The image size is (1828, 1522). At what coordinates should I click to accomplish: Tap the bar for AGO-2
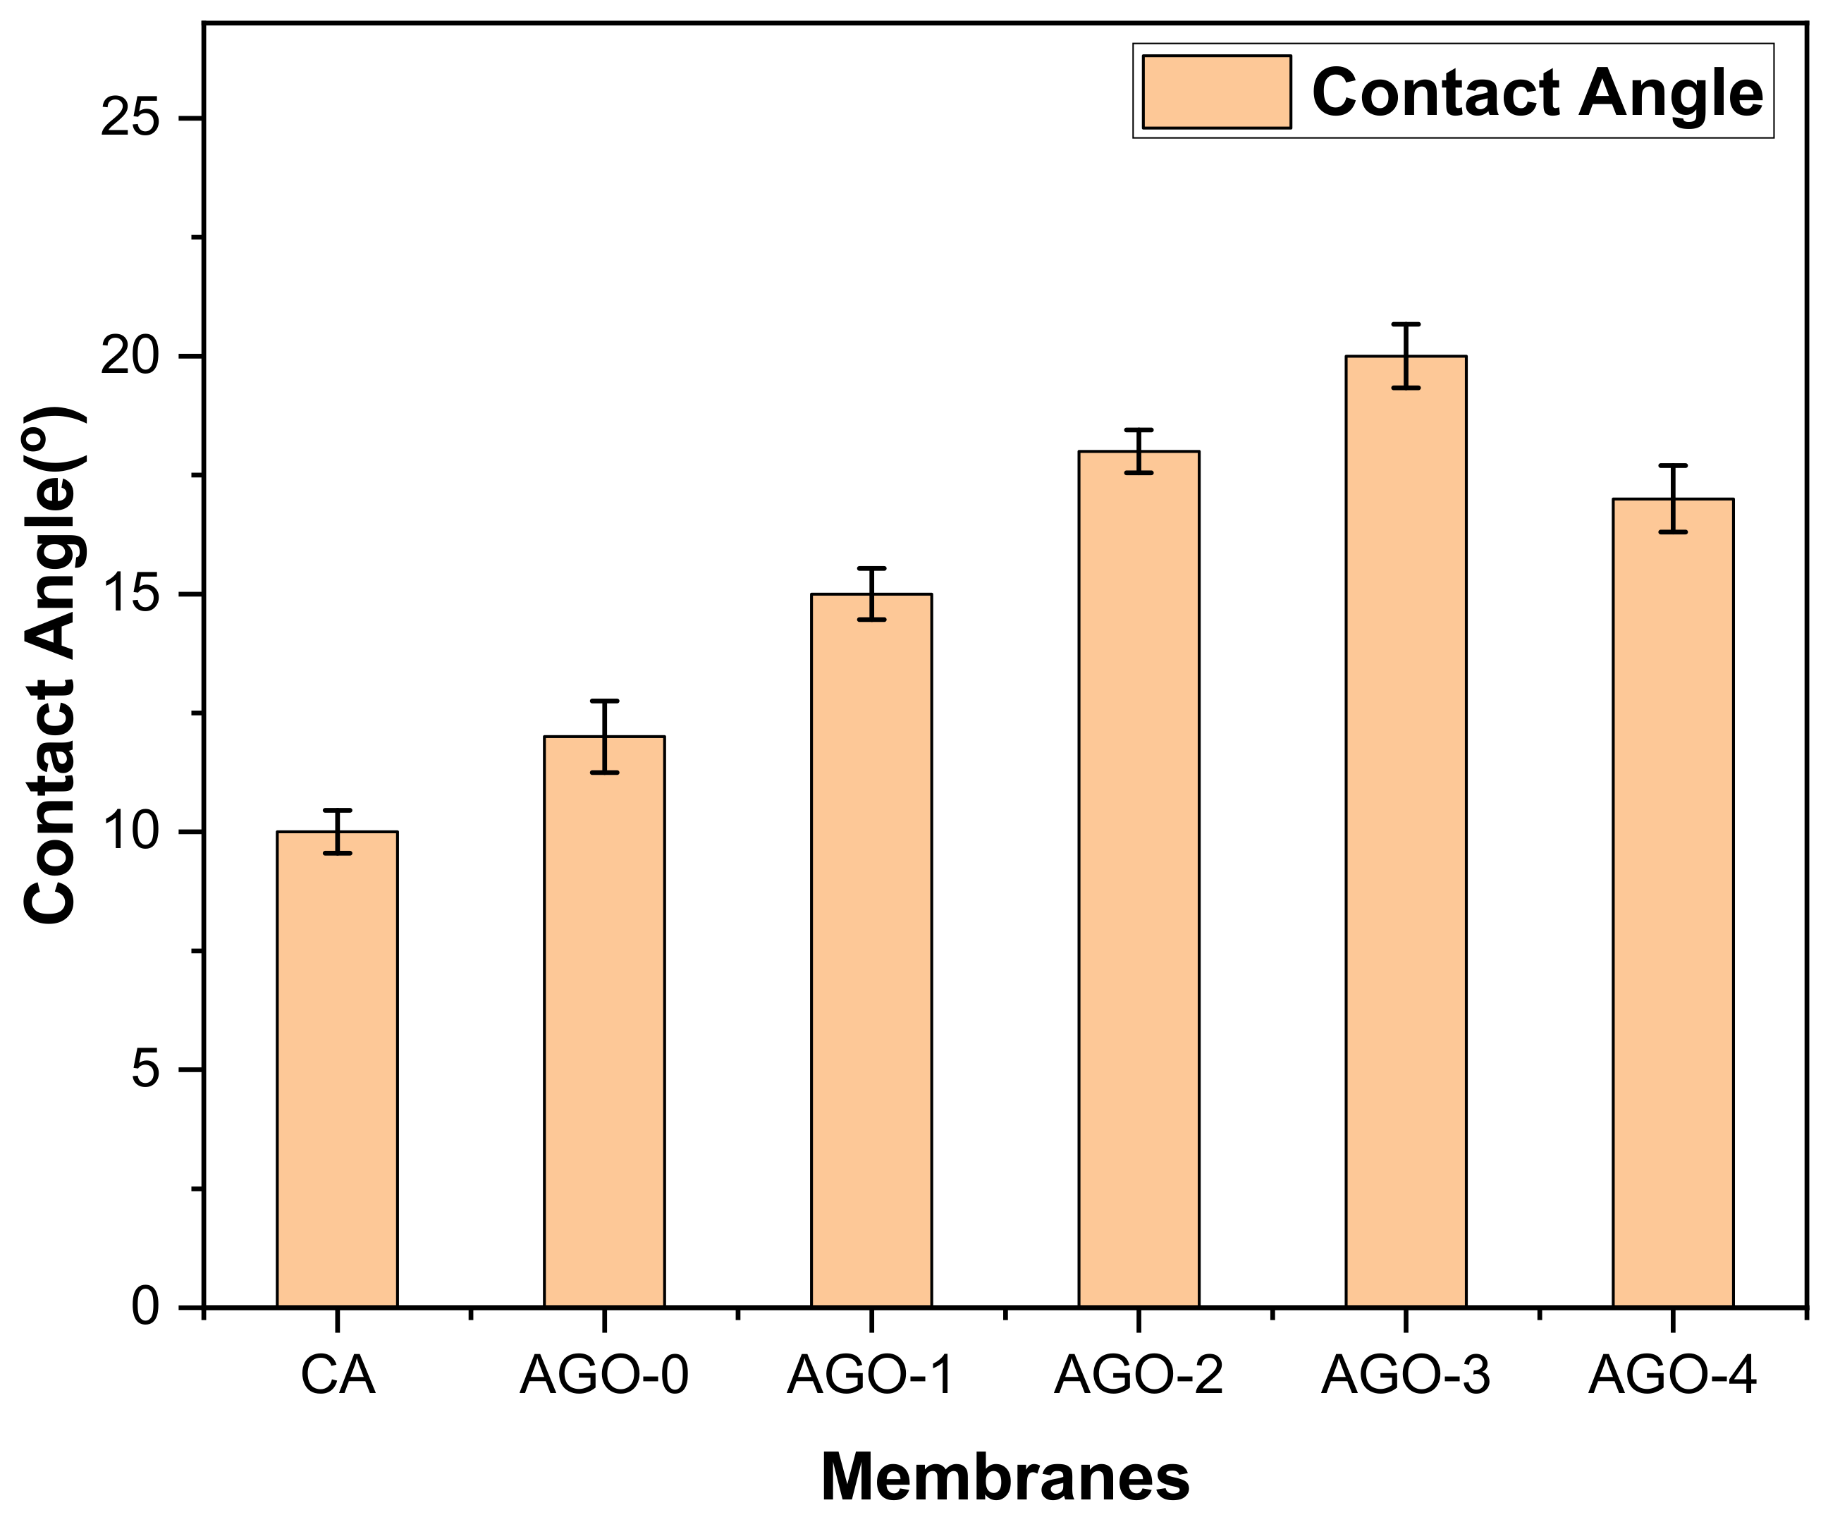coord(1139,878)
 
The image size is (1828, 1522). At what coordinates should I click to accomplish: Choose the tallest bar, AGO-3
coord(1406,831)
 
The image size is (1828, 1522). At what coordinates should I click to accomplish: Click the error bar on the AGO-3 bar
coord(1406,355)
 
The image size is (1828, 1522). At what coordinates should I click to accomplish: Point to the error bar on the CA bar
coord(337,831)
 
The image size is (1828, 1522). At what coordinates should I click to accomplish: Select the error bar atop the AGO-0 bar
coord(604,735)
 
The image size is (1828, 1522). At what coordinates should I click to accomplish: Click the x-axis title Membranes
coord(1005,1478)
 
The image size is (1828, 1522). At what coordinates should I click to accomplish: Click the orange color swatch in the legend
coord(1216,92)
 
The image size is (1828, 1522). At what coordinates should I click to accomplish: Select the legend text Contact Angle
coord(1538,92)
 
